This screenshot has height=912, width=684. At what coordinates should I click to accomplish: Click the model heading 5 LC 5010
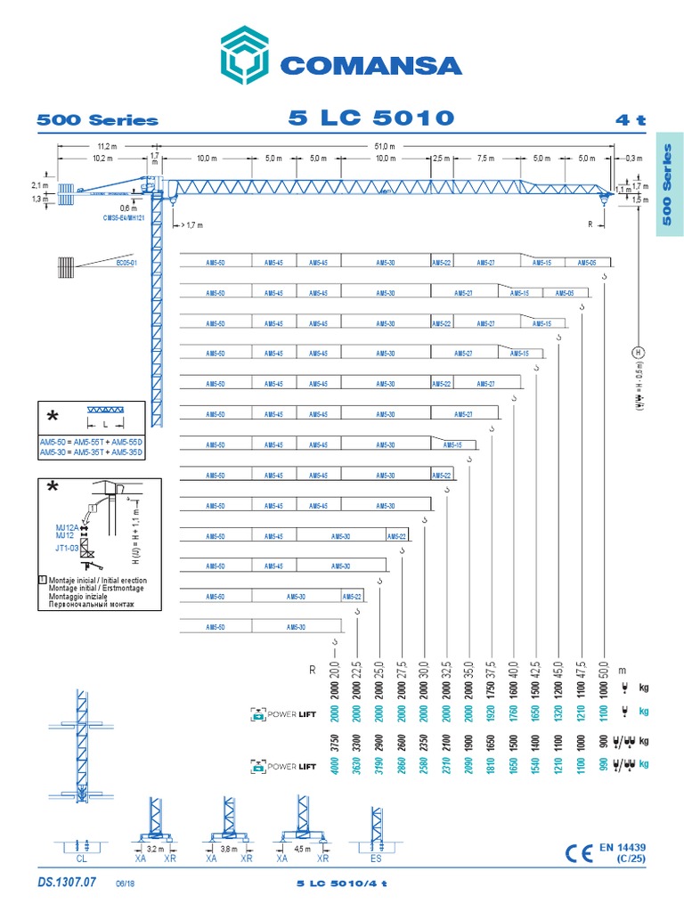coord(371,118)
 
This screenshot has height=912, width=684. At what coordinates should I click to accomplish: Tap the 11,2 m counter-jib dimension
coord(109,146)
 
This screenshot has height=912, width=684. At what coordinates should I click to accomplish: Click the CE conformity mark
coord(581,854)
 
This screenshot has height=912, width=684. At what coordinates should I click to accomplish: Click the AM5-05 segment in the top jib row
coord(586,263)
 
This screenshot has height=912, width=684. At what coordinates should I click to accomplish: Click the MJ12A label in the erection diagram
coord(66,528)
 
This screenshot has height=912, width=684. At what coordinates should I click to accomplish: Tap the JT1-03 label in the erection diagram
coord(67,549)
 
